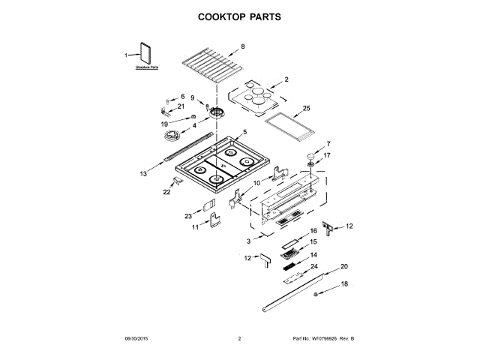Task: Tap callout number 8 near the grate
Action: (242, 47)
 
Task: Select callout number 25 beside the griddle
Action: (306, 108)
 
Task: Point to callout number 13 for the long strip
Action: (143, 173)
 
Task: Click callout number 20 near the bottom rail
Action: (344, 266)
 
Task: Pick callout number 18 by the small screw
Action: (344, 283)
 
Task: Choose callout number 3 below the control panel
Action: (248, 241)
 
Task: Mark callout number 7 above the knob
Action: (327, 143)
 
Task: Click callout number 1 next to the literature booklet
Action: (126, 55)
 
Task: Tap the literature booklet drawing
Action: (144, 56)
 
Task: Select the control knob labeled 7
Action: (309, 154)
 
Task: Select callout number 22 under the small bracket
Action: (167, 192)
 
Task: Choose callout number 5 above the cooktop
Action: (244, 131)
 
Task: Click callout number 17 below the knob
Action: (326, 155)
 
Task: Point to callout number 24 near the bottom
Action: (314, 266)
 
